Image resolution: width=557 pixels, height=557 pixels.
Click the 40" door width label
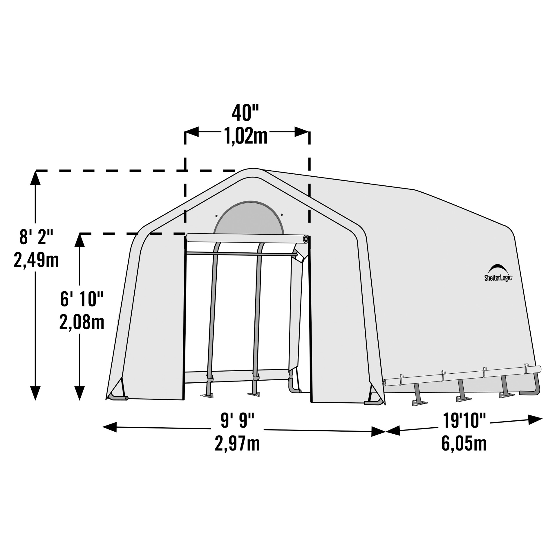(x=245, y=113)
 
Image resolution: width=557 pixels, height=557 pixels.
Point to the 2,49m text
(x=36, y=260)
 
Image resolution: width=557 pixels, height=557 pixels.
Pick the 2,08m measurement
(x=82, y=322)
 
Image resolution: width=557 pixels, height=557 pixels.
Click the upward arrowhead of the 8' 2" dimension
(x=36, y=178)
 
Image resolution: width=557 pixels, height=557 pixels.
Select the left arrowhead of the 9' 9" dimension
(x=110, y=427)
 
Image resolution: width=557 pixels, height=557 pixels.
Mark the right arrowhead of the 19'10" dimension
(x=535, y=419)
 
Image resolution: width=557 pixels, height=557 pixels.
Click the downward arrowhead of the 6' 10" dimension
(x=79, y=393)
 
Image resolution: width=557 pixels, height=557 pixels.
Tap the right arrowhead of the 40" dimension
(x=302, y=132)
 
